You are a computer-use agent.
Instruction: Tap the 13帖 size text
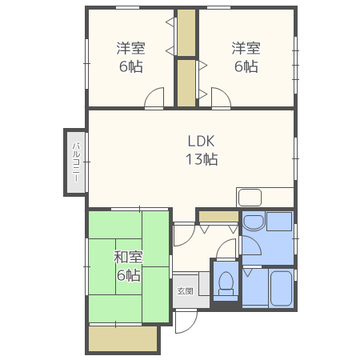tap(202, 158)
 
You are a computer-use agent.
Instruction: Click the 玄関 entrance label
tap(185, 290)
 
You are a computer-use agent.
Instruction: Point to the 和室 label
tap(128, 258)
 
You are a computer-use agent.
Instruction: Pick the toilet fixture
tap(226, 282)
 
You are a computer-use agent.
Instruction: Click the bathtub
tap(279, 288)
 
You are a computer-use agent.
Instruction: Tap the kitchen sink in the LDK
tap(250, 197)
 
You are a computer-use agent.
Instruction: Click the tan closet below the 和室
tap(123, 338)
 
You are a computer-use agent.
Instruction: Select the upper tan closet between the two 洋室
tap(186, 32)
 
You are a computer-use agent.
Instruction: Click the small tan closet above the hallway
tap(218, 215)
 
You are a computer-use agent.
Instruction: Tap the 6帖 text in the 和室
tap(128, 275)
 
